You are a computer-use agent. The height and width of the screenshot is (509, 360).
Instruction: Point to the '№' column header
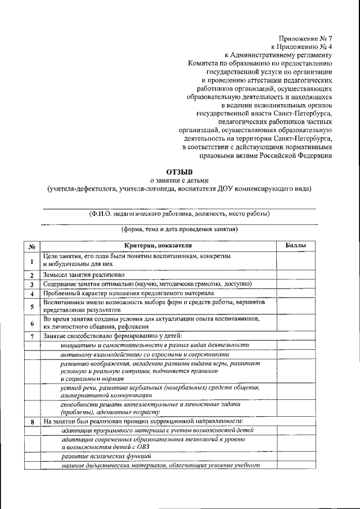tap(33, 246)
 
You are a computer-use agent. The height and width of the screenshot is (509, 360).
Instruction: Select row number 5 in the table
tap(33, 307)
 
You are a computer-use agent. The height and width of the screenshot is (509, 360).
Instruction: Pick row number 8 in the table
tap(33, 421)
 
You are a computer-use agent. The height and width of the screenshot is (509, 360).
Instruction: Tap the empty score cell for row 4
tap(295, 294)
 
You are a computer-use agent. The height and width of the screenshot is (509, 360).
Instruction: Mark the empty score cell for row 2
tap(295, 275)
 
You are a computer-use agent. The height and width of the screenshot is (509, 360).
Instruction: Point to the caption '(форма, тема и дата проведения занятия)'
tap(179, 229)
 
